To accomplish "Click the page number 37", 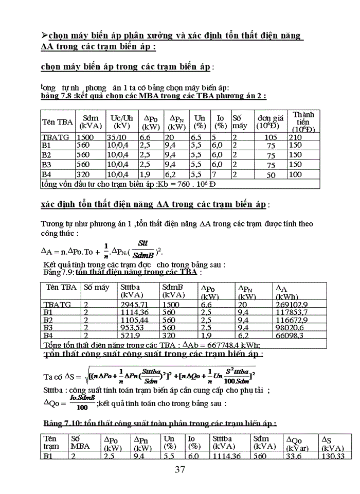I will tap(179, 469).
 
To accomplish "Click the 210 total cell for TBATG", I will tap(295, 137).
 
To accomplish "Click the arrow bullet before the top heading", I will tap(44, 35).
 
